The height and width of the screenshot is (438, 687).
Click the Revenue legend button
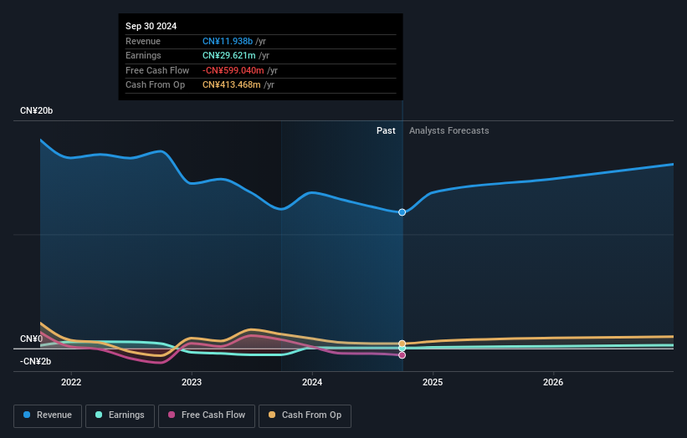pyautogui.click(x=49, y=415)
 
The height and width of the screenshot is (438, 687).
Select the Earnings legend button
pyautogui.click(x=120, y=415)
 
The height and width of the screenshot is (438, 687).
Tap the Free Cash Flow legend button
pyautogui.click(x=207, y=415)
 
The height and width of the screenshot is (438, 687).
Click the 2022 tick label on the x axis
pyautogui.click(x=71, y=383)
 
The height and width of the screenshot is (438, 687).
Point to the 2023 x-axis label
pyautogui.click(x=192, y=383)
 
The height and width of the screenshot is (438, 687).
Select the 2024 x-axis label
pyautogui.click(x=312, y=383)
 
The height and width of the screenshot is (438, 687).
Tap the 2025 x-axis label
pyautogui.click(x=433, y=383)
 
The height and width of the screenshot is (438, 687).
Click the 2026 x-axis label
pyautogui.click(x=553, y=383)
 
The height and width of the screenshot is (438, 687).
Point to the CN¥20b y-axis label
pyautogui.click(x=36, y=111)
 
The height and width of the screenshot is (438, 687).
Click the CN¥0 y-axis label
pyautogui.click(x=31, y=339)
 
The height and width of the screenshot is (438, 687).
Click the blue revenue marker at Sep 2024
pyautogui.click(x=402, y=212)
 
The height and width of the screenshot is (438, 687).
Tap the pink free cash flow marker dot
pyautogui.click(x=402, y=355)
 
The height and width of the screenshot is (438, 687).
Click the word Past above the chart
pyautogui.click(x=386, y=130)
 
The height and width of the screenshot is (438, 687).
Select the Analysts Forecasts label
pyautogui.click(x=449, y=130)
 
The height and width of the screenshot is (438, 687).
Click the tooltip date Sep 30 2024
pyautogui.click(x=151, y=27)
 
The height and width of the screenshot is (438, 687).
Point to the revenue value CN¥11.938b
pyautogui.click(x=228, y=41)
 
